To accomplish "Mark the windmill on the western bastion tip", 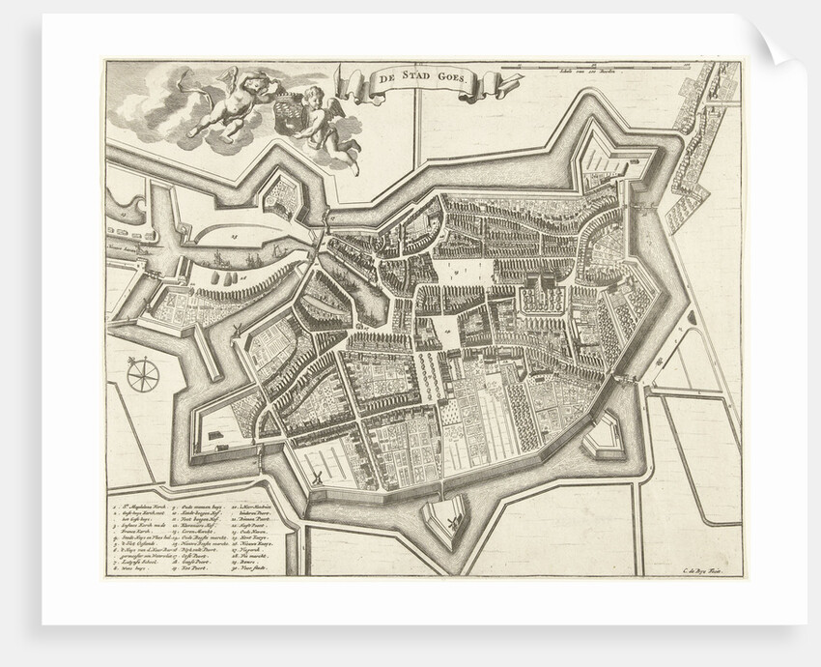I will click(x=235, y=331).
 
